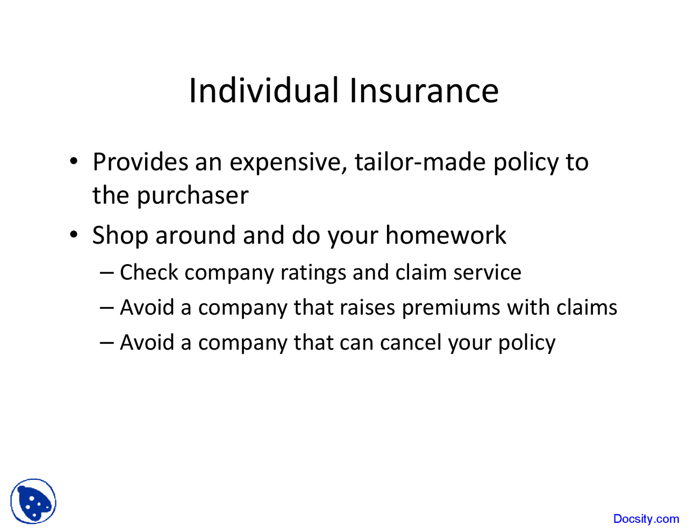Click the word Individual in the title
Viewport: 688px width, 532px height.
pos(263,90)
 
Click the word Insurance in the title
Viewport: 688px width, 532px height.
pos(424,90)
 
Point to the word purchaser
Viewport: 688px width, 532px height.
pos(192,196)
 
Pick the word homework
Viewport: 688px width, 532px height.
pos(446,235)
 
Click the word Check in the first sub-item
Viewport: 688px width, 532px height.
pos(148,272)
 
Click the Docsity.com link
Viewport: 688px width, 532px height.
pos(646,519)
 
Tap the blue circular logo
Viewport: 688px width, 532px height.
pos(33,501)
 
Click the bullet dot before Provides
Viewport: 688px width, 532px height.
pos(74,161)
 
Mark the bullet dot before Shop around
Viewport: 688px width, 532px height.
pos(74,235)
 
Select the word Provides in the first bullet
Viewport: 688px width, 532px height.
pos(140,162)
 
